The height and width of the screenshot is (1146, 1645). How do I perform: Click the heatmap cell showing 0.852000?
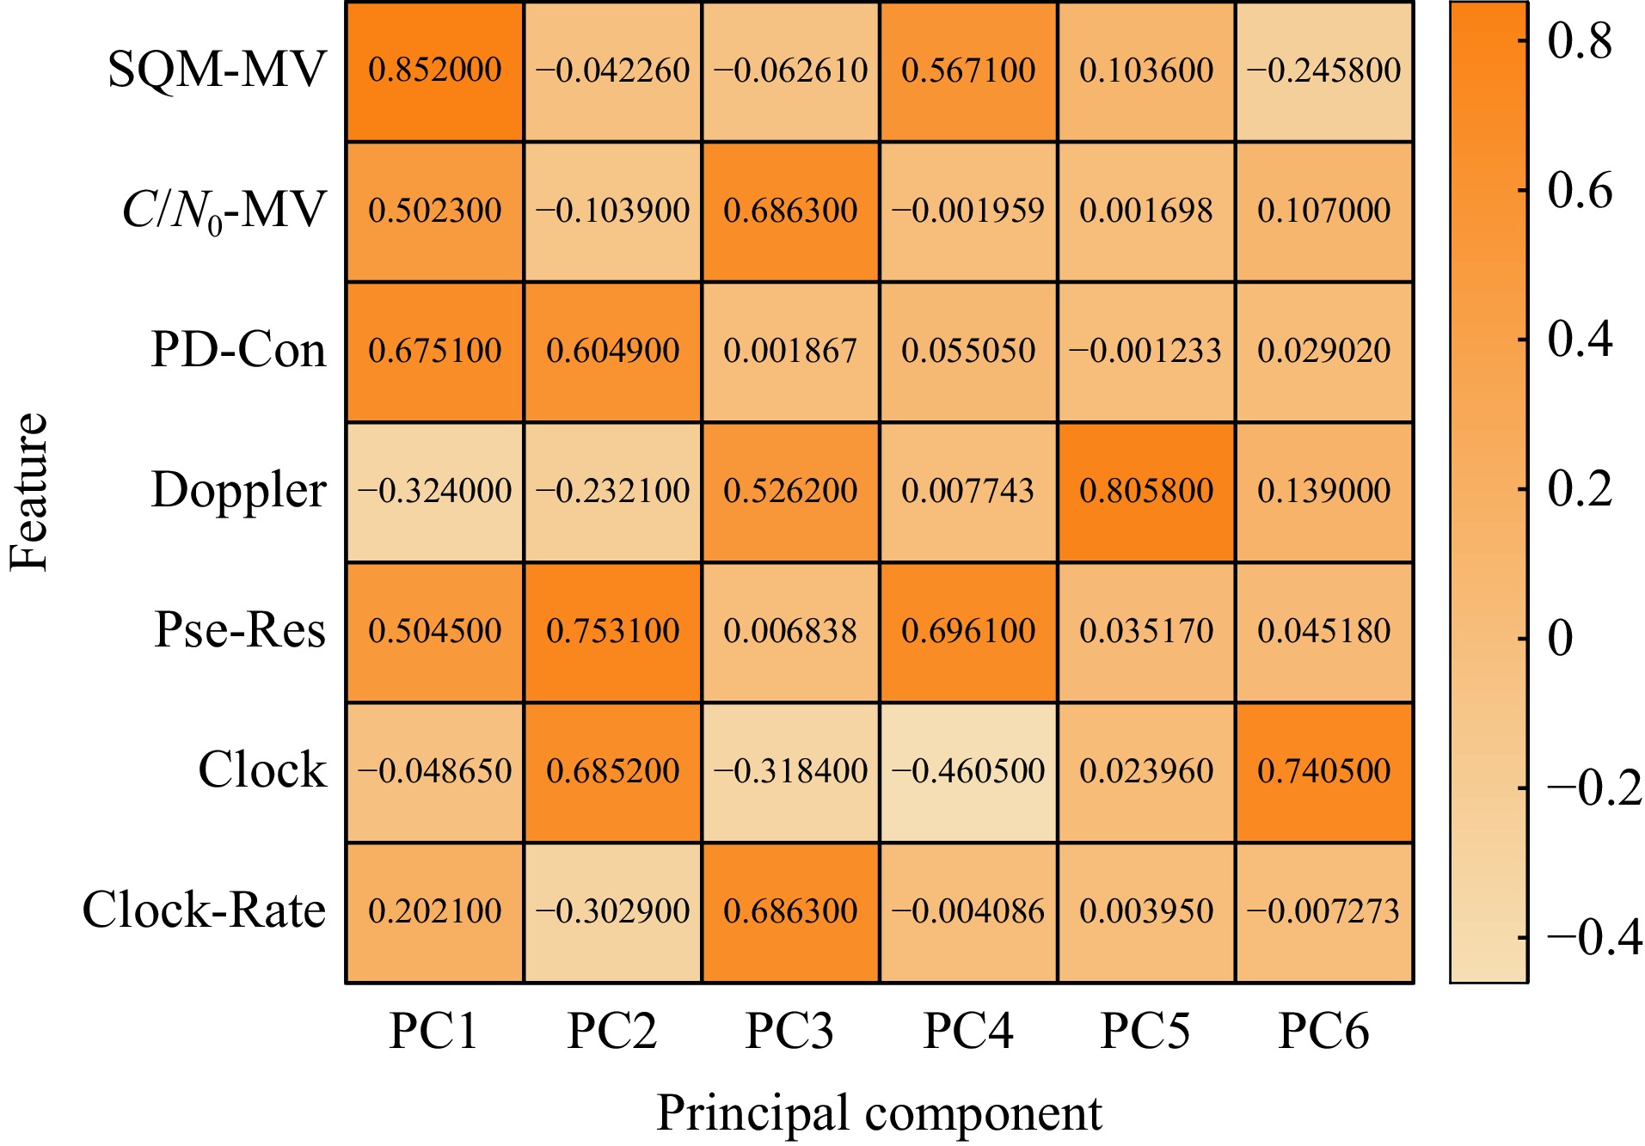click(x=434, y=70)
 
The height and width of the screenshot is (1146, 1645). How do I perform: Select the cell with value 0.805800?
click(x=1145, y=491)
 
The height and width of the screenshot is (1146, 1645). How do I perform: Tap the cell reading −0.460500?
click(x=968, y=771)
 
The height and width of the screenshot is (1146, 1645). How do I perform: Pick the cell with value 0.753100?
click(x=612, y=631)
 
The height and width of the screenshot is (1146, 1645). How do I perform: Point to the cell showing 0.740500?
click(x=1323, y=771)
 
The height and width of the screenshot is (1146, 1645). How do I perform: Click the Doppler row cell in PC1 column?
click(x=434, y=491)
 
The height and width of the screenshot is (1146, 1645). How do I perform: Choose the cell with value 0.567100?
click(x=968, y=70)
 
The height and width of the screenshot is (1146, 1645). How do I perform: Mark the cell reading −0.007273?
click(x=1323, y=911)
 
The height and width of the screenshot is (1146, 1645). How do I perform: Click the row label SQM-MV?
click(x=217, y=70)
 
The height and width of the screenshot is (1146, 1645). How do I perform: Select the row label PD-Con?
click(x=238, y=350)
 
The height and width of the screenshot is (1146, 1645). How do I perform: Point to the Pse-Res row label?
click(x=240, y=630)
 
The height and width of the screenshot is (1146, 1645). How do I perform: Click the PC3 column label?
click(x=789, y=1031)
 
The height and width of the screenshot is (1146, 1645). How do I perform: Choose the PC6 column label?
click(x=1323, y=1031)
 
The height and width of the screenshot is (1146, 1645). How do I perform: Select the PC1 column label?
click(x=433, y=1031)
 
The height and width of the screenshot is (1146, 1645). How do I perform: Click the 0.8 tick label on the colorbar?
click(x=1580, y=40)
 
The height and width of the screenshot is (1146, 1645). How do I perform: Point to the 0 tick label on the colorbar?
click(x=1560, y=639)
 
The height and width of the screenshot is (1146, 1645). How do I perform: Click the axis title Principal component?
click(x=879, y=1113)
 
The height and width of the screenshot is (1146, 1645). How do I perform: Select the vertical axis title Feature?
click(x=29, y=492)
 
